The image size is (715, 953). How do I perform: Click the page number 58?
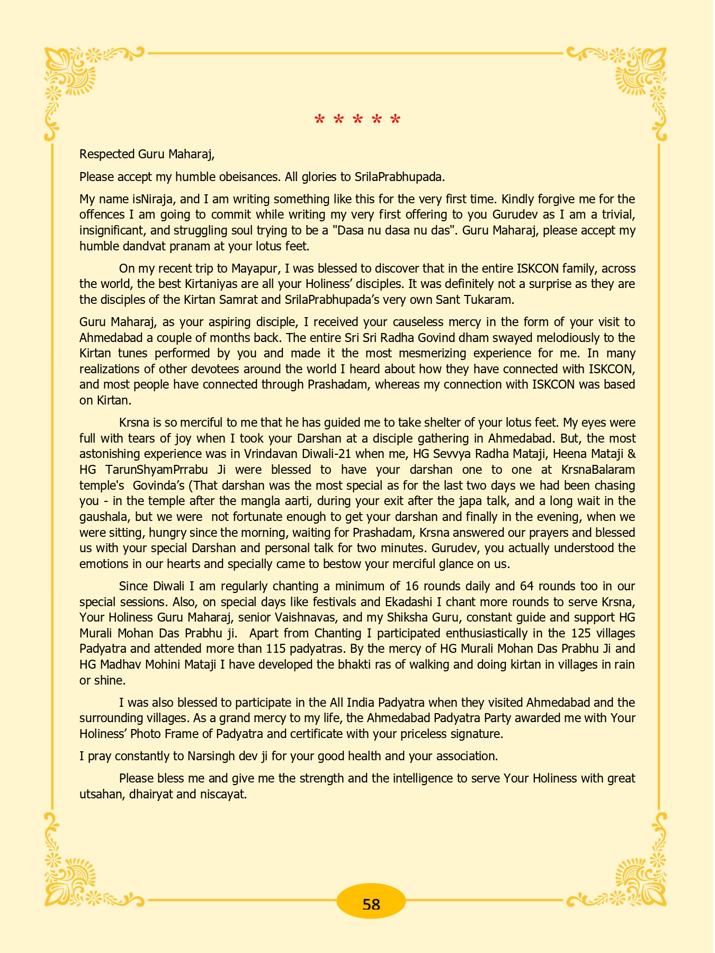coord(371,904)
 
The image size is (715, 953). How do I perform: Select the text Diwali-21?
coord(327,454)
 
